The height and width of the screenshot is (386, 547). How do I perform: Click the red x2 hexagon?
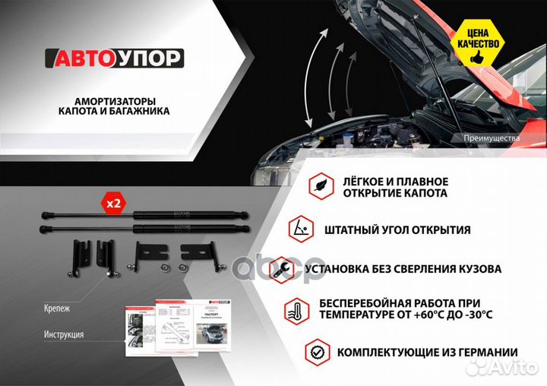pos(113,204)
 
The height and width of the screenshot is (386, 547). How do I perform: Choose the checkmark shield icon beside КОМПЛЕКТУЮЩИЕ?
pos(318,353)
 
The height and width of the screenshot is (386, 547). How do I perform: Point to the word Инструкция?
pos(65,334)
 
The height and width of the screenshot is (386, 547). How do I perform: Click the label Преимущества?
pos(491,139)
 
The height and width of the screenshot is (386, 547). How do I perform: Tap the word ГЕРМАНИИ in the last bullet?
pos(485,353)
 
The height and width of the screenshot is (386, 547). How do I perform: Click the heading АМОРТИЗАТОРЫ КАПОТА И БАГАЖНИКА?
pos(114,106)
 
